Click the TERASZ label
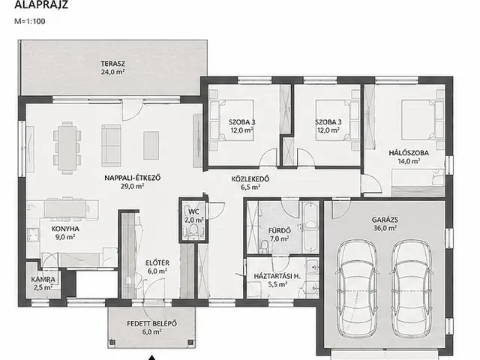pyautogui.click(x=113, y=64)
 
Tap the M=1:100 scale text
pyautogui.click(x=30, y=22)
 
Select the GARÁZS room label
pyautogui.click(x=385, y=220)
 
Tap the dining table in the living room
pyautogui.click(x=67, y=148)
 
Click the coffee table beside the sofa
pyautogui.click(x=151, y=145)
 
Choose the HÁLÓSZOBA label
pyautogui.click(x=409, y=153)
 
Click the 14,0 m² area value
pyautogui.click(x=409, y=161)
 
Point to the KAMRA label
pyautogui.click(x=43, y=280)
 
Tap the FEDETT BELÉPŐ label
pyautogui.click(x=151, y=323)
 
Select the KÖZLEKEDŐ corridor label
pyautogui.click(x=250, y=178)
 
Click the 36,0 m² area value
pyautogui.click(x=385, y=228)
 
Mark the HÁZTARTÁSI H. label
pyautogui.click(x=277, y=276)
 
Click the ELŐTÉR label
pyautogui.click(x=157, y=263)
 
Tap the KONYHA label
pyautogui.click(x=65, y=229)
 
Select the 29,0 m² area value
pyautogui.click(x=132, y=186)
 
